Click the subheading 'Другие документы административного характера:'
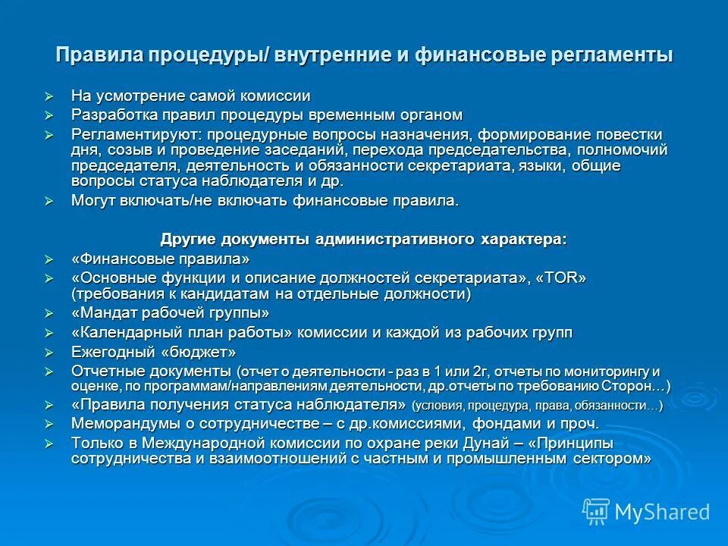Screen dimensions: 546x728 pos(363,239)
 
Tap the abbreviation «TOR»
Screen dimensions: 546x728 pos(561,278)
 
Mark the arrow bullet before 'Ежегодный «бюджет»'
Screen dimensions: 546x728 pos(50,353)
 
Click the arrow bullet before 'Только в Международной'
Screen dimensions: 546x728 pos(50,444)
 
